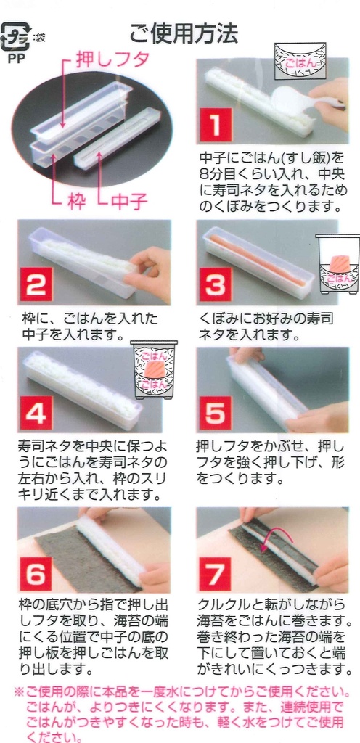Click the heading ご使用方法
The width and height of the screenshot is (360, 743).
point(183,33)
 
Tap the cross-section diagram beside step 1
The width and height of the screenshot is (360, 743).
point(300,62)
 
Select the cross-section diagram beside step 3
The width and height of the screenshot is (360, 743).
point(337,263)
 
